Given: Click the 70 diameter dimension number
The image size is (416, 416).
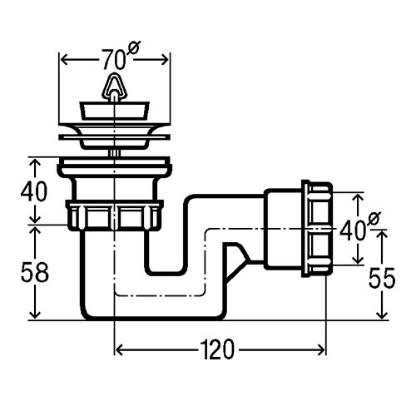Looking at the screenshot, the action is point(114,60).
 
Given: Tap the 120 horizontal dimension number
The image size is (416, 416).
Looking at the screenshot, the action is point(217,349).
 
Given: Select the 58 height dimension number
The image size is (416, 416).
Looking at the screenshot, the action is point(35,272).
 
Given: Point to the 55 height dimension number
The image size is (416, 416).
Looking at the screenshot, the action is point(382,278).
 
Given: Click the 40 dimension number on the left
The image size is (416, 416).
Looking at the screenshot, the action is point(34,191).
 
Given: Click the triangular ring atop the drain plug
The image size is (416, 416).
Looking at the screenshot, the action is point(114,86).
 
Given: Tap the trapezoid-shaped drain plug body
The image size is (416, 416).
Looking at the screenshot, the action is point(115,111).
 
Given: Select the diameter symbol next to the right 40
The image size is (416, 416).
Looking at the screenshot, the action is point(374,219).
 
